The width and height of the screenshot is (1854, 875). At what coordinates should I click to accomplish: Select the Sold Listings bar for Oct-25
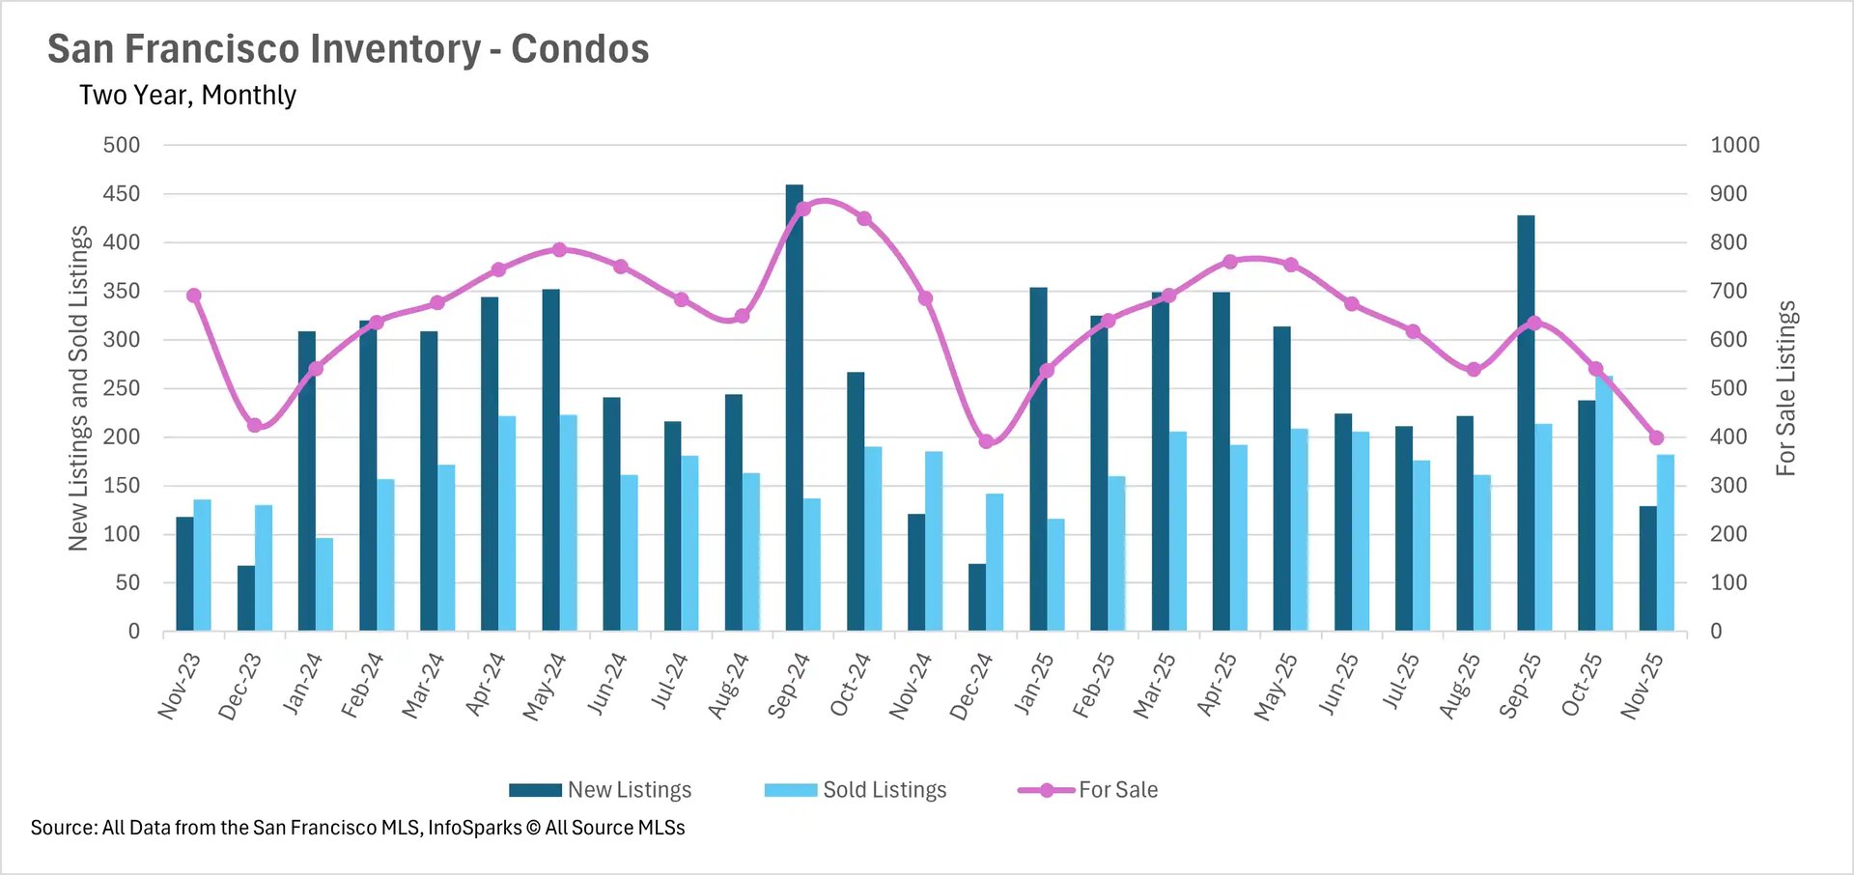pos(1604,503)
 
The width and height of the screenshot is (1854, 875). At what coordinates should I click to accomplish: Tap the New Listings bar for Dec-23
pos(246,598)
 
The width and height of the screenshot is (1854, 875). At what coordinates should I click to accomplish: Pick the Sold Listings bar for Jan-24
pos(324,584)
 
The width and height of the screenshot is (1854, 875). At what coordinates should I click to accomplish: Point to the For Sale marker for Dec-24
pos(986,441)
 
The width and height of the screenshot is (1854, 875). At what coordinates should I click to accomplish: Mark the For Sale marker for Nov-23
pos(194,296)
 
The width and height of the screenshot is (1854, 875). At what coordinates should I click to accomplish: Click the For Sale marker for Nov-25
pos(1657,437)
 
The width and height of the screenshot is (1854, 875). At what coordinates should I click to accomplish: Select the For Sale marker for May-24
pos(559,250)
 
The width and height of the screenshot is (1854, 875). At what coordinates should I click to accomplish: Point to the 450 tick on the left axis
pos(122,194)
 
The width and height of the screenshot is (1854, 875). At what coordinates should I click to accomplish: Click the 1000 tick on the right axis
pos(1734,145)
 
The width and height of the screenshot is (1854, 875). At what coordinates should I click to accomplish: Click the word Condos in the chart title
pos(579,49)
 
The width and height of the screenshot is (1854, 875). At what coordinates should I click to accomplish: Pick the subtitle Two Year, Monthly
pos(187,96)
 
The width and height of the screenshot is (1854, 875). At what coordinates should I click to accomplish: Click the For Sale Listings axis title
pos(1785,388)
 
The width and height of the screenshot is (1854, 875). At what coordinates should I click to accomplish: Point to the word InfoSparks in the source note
pos(474,828)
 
